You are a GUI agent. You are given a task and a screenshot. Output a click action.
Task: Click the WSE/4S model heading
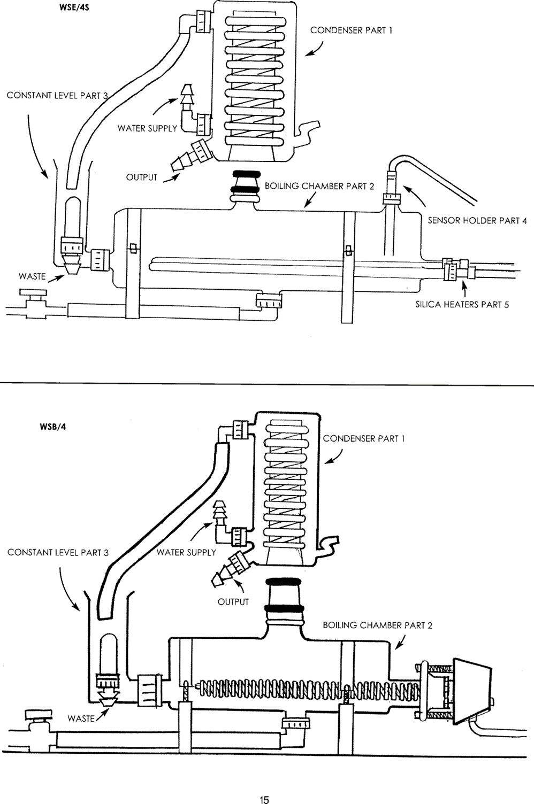74,7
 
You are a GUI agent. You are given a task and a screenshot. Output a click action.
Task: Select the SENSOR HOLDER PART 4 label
477,221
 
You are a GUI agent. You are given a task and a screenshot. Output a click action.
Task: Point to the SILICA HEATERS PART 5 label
462,305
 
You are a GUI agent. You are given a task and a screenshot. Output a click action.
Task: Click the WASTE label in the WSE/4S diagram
32,276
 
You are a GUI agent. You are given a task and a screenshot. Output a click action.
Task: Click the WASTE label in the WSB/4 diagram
81,718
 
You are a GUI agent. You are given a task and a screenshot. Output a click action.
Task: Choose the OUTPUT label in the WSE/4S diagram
142,177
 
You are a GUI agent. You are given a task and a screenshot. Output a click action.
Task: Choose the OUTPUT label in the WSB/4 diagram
233,602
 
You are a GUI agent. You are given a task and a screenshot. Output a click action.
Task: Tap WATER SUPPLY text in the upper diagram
147,128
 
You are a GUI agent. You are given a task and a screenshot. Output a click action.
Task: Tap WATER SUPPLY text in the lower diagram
186,552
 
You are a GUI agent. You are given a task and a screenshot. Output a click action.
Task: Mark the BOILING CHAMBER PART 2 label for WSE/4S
319,186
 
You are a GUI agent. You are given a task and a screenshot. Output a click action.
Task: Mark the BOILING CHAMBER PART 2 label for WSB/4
378,625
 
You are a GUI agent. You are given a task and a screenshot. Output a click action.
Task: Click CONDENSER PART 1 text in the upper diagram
352,30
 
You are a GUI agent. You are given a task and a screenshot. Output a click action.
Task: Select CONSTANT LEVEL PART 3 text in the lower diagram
58,552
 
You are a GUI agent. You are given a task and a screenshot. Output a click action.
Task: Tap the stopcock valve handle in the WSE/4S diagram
33,293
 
